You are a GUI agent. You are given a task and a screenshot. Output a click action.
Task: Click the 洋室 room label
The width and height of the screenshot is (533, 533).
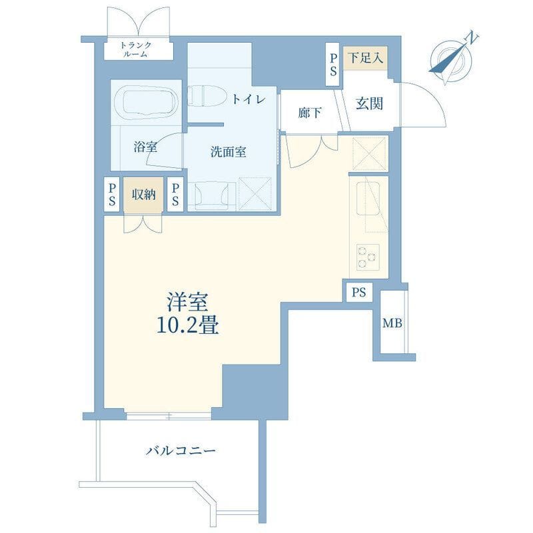tap(187, 302)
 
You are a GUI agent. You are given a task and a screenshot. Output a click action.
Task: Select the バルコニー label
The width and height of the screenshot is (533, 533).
tap(181, 451)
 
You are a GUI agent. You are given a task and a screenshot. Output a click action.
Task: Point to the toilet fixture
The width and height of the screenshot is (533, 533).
tap(207, 95)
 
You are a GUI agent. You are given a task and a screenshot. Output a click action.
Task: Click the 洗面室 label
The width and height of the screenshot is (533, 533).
tap(228, 152)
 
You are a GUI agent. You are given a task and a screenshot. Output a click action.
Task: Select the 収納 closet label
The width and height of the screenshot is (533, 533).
tap(144, 195)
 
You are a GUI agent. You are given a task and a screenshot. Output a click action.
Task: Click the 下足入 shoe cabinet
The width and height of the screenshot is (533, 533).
tap(365, 58)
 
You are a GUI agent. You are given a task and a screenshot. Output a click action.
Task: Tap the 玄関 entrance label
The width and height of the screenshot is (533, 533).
tap(369, 103)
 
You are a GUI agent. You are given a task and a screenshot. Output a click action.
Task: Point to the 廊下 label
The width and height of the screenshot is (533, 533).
tap(309, 113)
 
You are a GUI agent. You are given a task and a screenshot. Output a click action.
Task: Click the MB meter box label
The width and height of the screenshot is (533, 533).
tap(392, 323)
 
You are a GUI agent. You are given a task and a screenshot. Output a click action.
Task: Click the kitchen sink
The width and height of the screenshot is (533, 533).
tap(368, 199)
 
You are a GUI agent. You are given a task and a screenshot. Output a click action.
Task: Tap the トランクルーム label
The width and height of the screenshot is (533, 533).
tap(136, 49)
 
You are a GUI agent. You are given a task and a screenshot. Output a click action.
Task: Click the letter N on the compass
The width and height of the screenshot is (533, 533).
tap(471, 37)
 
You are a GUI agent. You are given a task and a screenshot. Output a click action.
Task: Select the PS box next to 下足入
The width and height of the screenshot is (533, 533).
tap(333, 65)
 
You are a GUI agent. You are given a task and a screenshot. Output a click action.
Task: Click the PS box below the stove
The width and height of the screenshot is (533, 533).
tap(359, 292)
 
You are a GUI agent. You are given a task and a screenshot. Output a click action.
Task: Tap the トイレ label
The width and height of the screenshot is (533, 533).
tap(249, 99)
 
